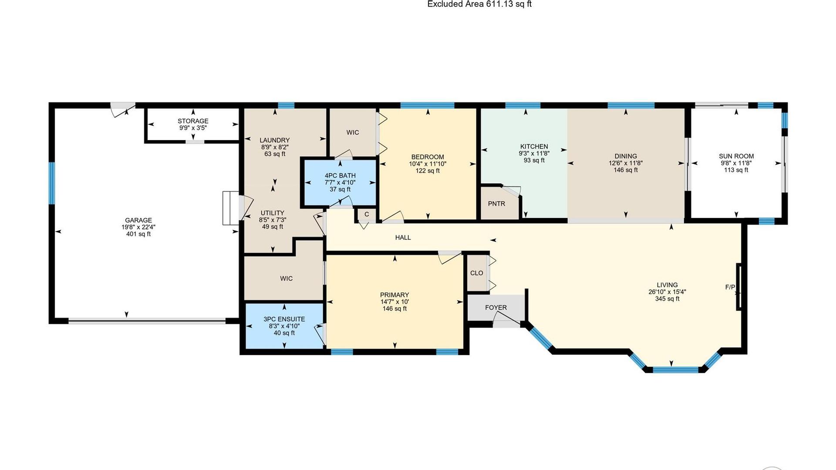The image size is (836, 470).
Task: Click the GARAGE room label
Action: tap(138, 220)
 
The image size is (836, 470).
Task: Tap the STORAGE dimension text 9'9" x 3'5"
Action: tap(193, 128)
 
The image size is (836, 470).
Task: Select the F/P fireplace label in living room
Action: tap(730, 287)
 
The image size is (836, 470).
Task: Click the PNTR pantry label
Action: tap(496, 204)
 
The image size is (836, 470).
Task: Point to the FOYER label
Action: tap(496, 308)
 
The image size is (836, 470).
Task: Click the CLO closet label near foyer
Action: tap(476, 273)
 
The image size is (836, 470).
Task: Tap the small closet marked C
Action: tap(367, 214)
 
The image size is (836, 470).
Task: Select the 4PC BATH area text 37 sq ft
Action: tap(340, 190)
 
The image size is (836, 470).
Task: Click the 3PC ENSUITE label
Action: tap(284, 319)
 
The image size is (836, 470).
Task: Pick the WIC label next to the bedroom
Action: tap(353, 132)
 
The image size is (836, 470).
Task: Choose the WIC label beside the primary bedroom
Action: tap(286, 279)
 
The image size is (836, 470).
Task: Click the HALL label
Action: tap(403, 238)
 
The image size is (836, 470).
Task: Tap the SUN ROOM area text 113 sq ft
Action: tap(736, 170)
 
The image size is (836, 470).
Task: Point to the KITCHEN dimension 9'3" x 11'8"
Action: tap(534, 154)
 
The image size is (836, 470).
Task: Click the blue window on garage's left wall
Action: tap(52, 183)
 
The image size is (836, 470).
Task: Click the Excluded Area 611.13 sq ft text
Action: tap(479, 4)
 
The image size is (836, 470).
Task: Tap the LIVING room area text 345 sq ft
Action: tap(667, 299)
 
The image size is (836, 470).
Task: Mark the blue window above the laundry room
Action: tap(286, 105)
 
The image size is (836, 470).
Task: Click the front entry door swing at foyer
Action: tap(506, 322)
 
